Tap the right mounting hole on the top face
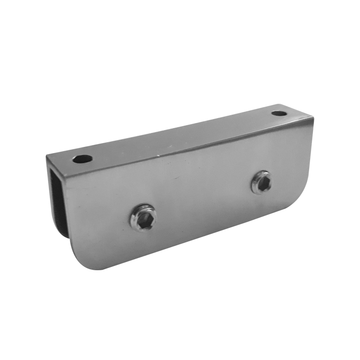click(278, 114)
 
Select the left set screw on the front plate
click(144, 217)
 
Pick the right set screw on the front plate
click(261, 182)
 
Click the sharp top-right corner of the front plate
click(313, 118)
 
